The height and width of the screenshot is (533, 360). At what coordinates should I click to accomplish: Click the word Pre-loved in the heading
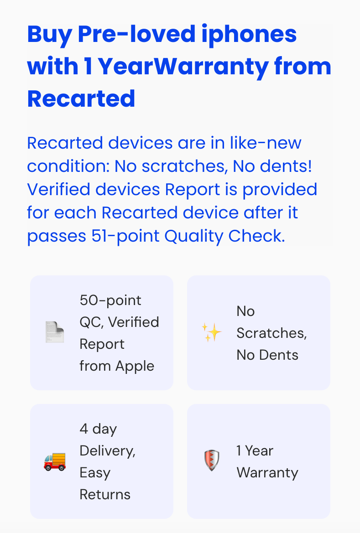(x=137, y=34)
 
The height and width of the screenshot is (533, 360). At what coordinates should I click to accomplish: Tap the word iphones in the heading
(x=249, y=35)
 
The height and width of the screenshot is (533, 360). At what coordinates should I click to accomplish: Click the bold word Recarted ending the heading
(x=81, y=98)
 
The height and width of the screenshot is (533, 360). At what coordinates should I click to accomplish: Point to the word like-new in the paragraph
(x=266, y=143)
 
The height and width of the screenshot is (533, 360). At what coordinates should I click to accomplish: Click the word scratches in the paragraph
(x=185, y=166)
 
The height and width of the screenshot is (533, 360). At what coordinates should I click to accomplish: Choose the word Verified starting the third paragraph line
(x=58, y=189)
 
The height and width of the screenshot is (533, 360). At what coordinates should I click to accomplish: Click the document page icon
(x=55, y=332)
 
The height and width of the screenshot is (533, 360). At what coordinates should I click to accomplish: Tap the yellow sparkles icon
(x=211, y=332)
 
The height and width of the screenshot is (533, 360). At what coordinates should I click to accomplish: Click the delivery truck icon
(x=55, y=461)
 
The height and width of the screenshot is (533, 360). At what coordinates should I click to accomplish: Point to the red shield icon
(x=212, y=461)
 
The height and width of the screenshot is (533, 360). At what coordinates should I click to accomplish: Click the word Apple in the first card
(x=135, y=367)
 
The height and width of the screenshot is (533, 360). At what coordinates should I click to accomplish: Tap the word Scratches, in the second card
(x=271, y=333)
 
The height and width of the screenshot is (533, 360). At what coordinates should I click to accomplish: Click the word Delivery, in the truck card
(x=108, y=451)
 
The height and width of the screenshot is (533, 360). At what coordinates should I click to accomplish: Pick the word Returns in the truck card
(x=105, y=495)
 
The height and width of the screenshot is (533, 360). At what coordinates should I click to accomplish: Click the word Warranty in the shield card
(x=267, y=473)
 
